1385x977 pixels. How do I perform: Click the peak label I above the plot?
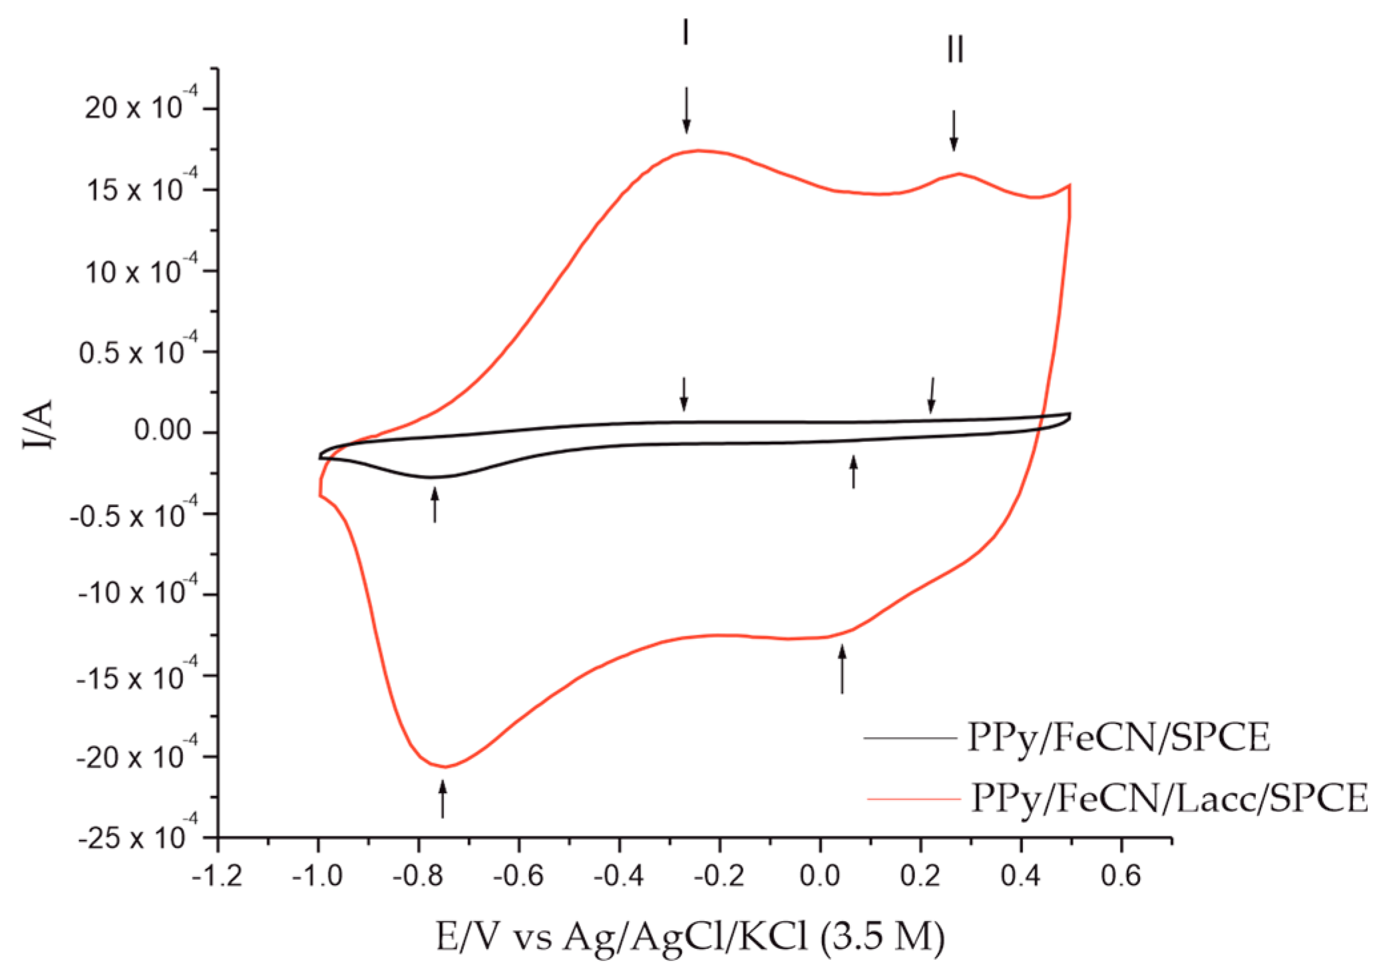click(x=686, y=32)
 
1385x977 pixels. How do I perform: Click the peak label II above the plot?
click(x=955, y=49)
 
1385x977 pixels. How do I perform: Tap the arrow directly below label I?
click(x=686, y=110)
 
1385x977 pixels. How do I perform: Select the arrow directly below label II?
click(x=954, y=130)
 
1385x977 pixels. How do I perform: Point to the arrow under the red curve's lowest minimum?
click(x=443, y=799)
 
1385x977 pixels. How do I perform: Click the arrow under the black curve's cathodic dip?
click(x=435, y=504)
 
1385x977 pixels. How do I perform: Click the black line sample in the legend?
click(x=910, y=738)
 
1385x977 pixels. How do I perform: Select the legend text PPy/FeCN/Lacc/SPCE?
click(x=1169, y=798)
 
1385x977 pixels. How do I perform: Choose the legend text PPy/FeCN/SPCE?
click(x=1118, y=737)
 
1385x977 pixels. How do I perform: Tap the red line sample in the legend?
click(x=913, y=798)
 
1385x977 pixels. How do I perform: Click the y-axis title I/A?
click(x=38, y=425)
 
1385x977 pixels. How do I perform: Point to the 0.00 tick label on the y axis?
click(x=162, y=431)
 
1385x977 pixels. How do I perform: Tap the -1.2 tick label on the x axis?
click(x=217, y=877)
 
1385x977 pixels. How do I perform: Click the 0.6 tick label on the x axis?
click(x=1121, y=877)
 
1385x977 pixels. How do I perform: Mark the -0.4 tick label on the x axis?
click(x=618, y=877)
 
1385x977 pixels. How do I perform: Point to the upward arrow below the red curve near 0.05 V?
click(x=842, y=669)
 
